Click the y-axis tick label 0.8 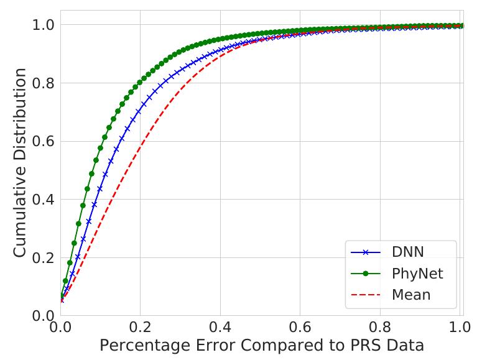[42, 83]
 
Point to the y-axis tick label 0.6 [42, 141]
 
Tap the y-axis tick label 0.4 [42, 200]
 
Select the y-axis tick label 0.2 [42, 257]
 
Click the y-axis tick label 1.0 [42, 25]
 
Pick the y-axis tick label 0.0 [42, 316]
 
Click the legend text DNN [411, 252]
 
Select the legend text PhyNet [417, 273]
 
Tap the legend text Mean [411, 294]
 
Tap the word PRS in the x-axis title [358, 346]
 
